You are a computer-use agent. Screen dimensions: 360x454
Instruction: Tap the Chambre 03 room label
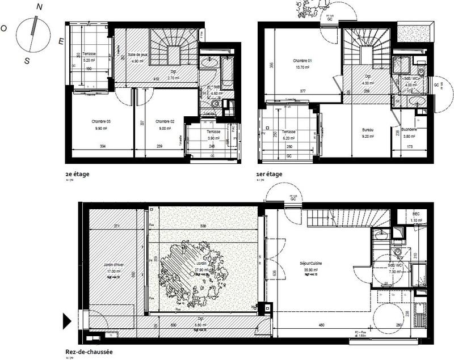[100, 121]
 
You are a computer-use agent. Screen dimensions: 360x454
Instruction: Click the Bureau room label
[368, 130]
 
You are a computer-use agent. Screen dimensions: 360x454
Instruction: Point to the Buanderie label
[409, 130]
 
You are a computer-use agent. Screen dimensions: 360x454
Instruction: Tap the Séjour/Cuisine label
[313, 264]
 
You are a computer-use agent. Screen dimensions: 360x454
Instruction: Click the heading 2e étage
[78, 174]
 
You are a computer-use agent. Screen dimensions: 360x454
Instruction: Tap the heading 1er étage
[270, 174]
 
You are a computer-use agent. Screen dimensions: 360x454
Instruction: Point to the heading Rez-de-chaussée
[88, 351]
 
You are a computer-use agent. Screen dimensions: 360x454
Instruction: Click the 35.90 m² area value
[313, 270]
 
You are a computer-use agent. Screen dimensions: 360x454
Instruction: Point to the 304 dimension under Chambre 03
[102, 146]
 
